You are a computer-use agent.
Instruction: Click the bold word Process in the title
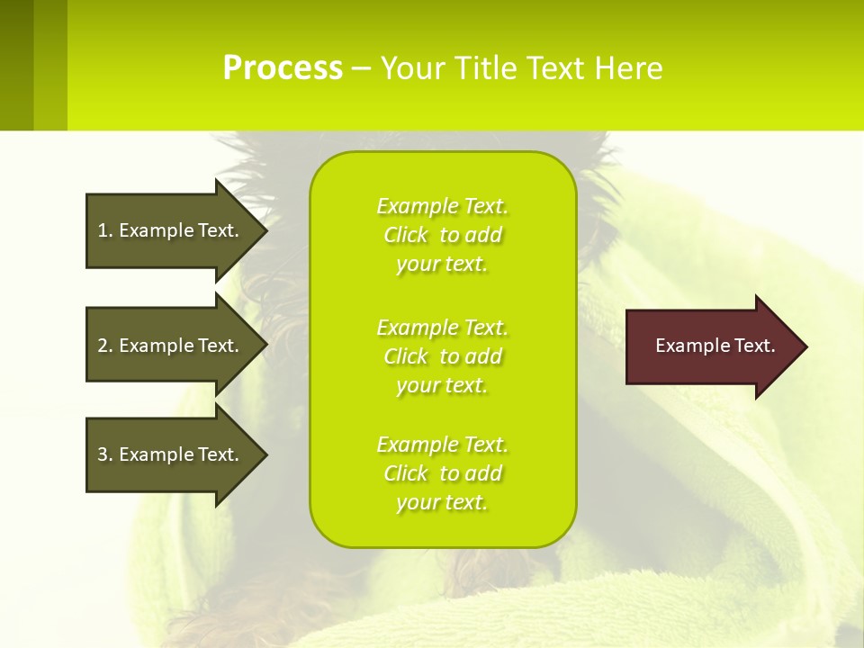[x=283, y=68]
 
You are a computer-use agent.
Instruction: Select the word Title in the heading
[x=485, y=68]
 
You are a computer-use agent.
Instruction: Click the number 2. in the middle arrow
[x=104, y=346]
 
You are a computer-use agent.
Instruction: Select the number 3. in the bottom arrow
[x=104, y=454]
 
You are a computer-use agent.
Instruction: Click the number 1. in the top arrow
[x=104, y=230]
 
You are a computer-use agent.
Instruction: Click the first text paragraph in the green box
[x=442, y=235]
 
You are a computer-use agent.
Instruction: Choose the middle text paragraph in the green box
[x=442, y=356]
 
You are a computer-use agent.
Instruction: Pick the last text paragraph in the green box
[x=442, y=473]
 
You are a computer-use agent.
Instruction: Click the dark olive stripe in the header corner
[x=16, y=65]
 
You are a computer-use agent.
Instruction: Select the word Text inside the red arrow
[x=754, y=346]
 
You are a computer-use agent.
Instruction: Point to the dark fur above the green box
[x=270, y=148]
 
